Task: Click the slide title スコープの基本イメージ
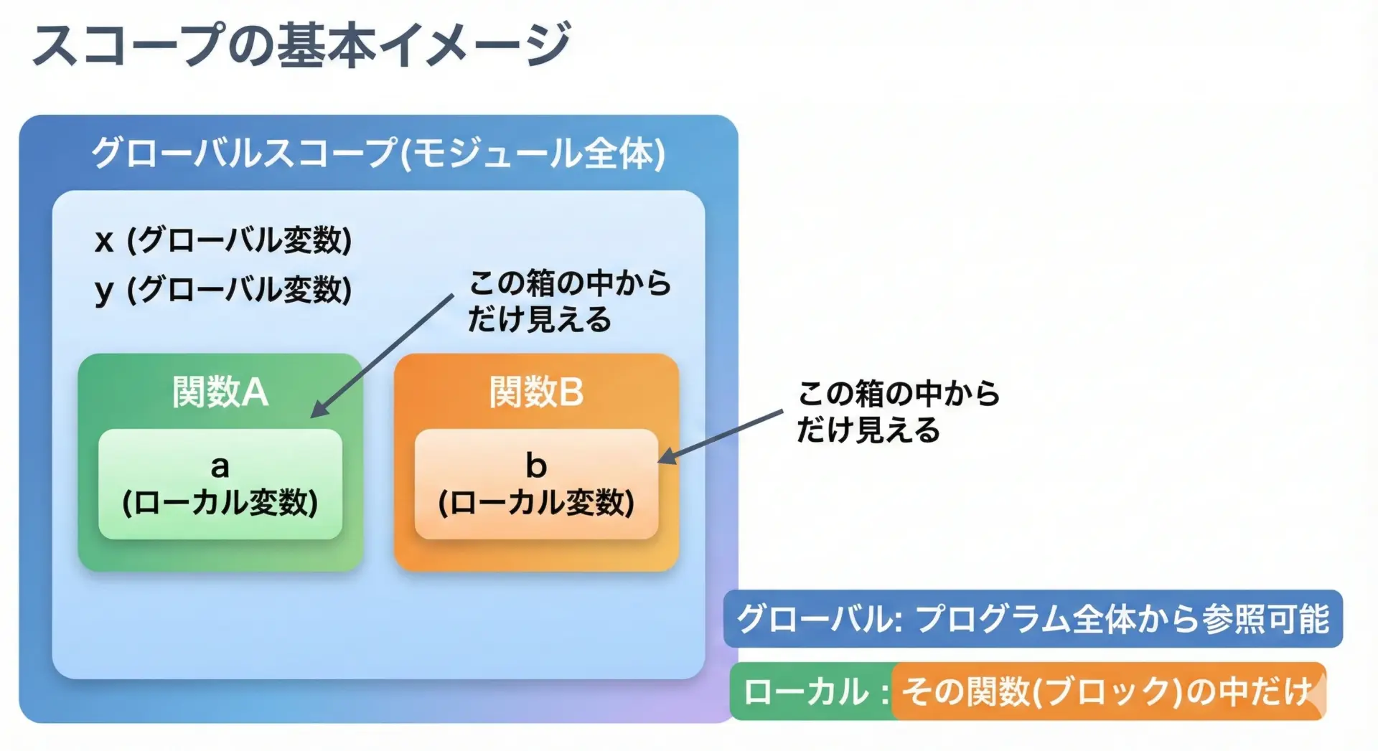coord(301,44)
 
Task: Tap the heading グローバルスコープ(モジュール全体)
coord(378,153)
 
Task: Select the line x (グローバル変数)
coord(223,240)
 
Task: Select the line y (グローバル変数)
coord(223,291)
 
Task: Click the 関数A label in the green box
coord(220,392)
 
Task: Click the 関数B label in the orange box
coord(536,392)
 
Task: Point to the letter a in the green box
coord(220,467)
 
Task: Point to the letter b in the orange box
coord(536,466)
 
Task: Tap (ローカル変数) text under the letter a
coord(220,503)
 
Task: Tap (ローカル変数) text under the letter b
coord(536,503)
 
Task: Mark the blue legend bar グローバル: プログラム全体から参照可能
coord(1033,619)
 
